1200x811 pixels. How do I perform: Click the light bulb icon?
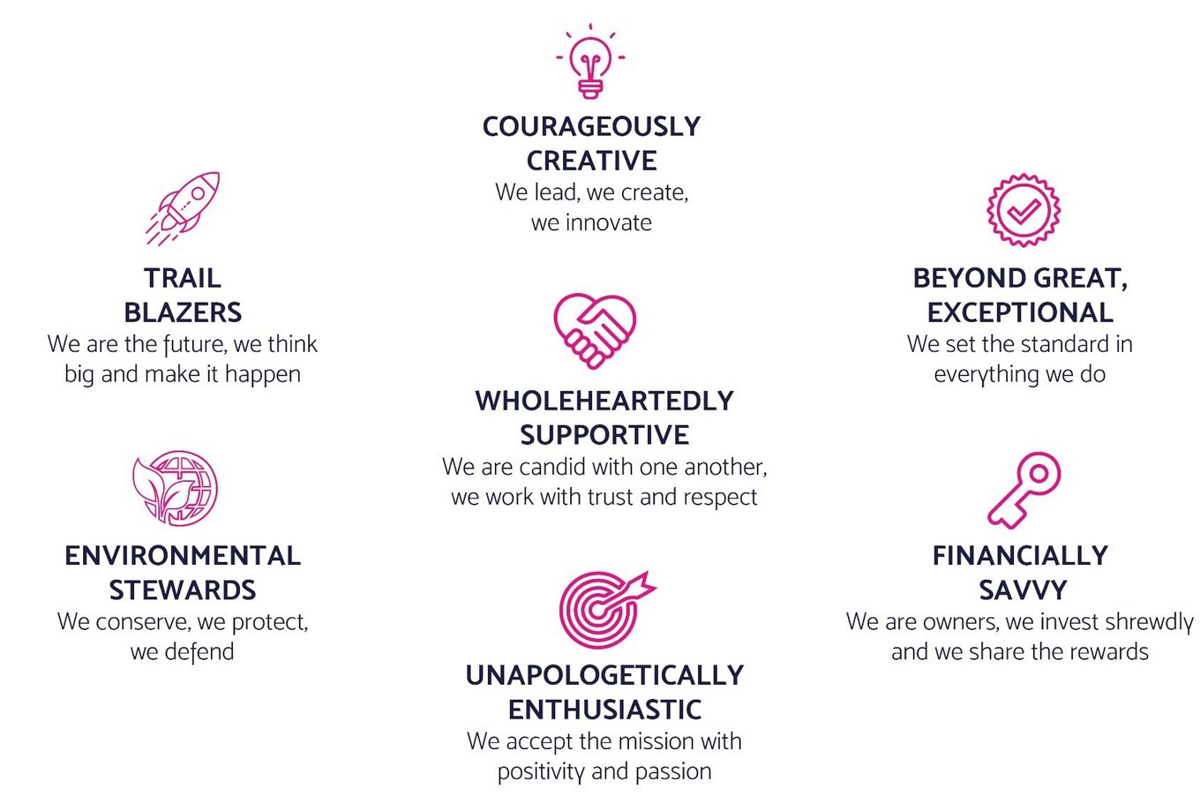pyautogui.click(x=589, y=62)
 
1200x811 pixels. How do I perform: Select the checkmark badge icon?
pyautogui.click(x=1024, y=210)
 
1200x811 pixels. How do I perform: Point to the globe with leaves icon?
pyautogui.click(x=176, y=487)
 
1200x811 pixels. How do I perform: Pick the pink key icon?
pyautogui.click(x=1024, y=490)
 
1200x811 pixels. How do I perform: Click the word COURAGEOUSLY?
pyautogui.click(x=591, y=127)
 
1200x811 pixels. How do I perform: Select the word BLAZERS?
pyautogui.click(x=183, y=312)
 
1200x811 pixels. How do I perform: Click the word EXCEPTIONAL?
pyautogui.click(x=1020, y=312)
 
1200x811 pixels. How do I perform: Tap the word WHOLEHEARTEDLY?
pyautogui.click(x=604, y=401)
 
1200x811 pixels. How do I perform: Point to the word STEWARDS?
pyautogui.click(x=183, y=589)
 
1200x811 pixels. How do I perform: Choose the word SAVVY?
pyautogui.click(x=1023, y=589)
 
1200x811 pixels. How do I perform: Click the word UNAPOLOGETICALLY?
pyautogui.click(x=604, y=675)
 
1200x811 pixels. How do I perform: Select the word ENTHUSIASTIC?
pyautogui.click(x=604, y=710)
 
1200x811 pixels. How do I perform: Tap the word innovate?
pyautogui.click(x=608, y=222)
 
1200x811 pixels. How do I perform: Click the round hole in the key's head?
pyautogui.click(x=1039, y=474)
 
